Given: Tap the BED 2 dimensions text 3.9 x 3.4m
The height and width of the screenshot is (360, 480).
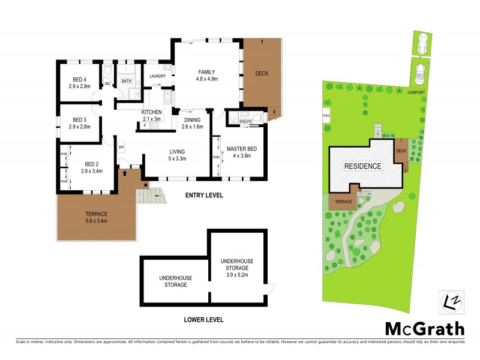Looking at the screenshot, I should pos(92,171).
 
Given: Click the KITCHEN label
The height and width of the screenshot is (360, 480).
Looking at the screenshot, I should pos(151,112).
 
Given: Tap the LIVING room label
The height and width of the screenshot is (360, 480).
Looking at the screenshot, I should pos(176,151).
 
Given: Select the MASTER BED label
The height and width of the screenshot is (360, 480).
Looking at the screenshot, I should pos(242,148).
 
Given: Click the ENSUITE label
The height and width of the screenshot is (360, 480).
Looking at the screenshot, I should pos(245,122).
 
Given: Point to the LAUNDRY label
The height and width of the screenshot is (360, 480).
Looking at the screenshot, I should pos(158,77).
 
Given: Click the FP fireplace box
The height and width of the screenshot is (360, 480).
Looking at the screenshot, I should pos(121,147).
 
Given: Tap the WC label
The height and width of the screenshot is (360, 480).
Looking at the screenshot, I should pos(108,84).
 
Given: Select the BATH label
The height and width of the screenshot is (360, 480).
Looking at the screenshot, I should pos(127,81).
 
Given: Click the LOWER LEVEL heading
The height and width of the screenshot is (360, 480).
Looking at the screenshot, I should pos(203,320).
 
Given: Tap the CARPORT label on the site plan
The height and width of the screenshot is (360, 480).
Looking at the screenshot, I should pos(415,92).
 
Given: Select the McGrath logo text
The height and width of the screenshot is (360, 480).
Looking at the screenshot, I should pos(424,328).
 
